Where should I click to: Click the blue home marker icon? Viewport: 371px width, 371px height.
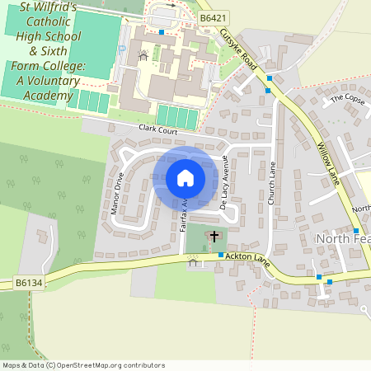(x=185, y=178)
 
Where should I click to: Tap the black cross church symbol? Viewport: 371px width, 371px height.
(x=214, y=237)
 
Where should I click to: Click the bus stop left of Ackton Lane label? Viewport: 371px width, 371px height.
(x=221, y=255)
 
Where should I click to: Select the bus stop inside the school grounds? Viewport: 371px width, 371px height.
(x=162, y=32)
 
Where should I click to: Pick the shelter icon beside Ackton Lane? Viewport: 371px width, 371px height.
(x=193, y=264)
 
